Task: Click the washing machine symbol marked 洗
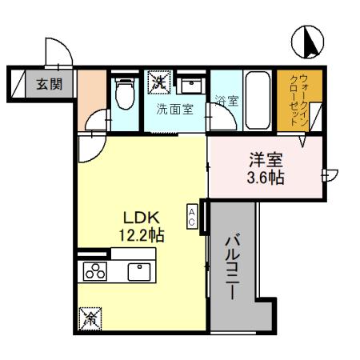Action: pyautogui.click(x=160, y=81)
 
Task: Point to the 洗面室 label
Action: pyautogui.click(x=174, y=110)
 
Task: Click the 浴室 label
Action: pyautogui.click(x=226, y=102)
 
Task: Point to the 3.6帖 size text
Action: pyautogui.click(x=265, y=177)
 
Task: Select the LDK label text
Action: pyautogui.click(x=142, y=218)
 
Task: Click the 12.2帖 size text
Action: pyautogui.click(x=142, y=236)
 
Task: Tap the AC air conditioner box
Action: pyautogui.click(x=193, y=215)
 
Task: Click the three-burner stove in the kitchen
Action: pyautogui.click(x=95, y=271)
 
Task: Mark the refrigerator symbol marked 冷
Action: pyautogui.click(x=89, y=319)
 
